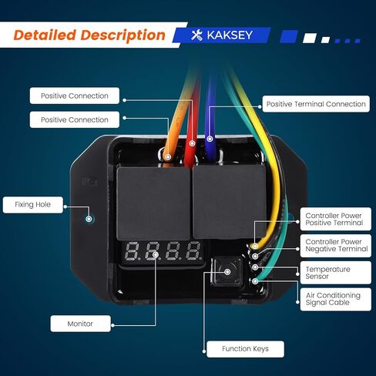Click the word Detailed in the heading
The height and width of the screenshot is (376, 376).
tap(45, 35)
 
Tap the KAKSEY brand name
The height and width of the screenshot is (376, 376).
tap(230, 35)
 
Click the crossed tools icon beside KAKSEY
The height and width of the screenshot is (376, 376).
tap(196, 35)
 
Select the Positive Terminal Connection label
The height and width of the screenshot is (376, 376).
tap(316, 104)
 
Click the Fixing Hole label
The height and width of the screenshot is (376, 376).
tap(32, 205)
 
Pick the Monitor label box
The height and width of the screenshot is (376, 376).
tap(80, 324)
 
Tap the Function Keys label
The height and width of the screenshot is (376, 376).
tap(245, 349)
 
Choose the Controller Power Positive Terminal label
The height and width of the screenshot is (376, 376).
tap(335, 219)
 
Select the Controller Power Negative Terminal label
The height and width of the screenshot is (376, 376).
tap(335, 246)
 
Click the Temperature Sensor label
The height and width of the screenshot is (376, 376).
tap(335, 273)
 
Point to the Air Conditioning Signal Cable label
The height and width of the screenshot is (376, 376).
tap(335, 299)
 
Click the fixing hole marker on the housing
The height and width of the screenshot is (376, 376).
tap(89, 219)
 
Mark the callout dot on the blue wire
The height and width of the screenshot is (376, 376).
tap(210, 139)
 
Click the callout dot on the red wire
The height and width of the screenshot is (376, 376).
tap(192, 143)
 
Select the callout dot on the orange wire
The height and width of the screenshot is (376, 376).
tap(168, 156)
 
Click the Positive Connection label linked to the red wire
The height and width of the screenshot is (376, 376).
tap(75, 96)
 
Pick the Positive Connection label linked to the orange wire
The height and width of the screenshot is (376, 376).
tap(75, 119)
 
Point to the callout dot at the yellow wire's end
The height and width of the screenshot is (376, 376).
tap(255, 246)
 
